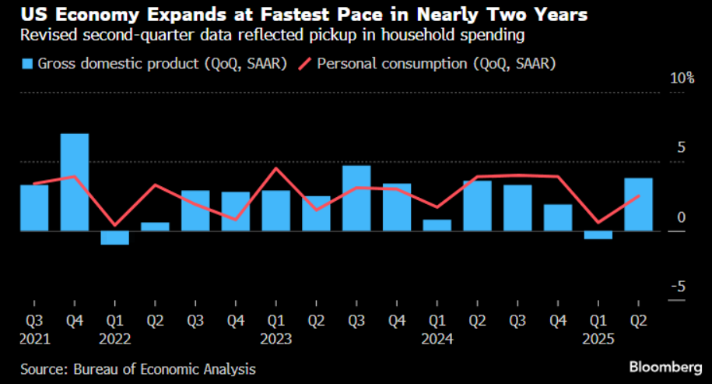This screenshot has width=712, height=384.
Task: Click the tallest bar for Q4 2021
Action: pyautogui.click(x=75, y=182)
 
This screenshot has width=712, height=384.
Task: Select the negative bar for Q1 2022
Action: pyautogui.click(x=115, y=238)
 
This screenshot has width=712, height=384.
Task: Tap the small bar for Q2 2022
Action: pyautogui.click(x=156, y=227)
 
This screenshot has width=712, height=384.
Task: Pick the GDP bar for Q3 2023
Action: pyautogui.click(x=356, y=198)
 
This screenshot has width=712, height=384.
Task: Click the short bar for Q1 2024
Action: pyautogui.click(x=437, y=225)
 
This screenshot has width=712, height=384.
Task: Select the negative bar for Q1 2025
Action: pyautogui.click(x=598, y=234)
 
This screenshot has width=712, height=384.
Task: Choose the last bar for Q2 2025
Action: pyautogui.click(x=639, y=204)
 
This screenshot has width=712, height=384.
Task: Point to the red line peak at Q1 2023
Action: pyautogui.click(x=276, y=168)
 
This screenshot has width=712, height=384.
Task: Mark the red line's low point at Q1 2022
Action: pyautogui.click(x=115, y=225)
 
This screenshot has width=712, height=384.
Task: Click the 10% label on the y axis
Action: pyautogui.click(x=679, y=78)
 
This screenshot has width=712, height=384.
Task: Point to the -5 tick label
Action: pyautogui.click(x=679, y=287)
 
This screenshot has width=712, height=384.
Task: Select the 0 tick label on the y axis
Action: pyautogui.click(x=682, y=217)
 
